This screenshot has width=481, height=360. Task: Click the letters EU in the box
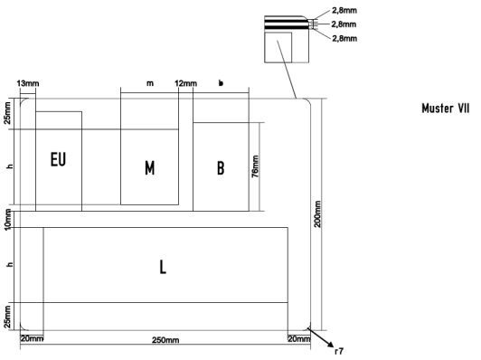(x=58, y=159)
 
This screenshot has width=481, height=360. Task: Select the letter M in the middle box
(x=150, y=168)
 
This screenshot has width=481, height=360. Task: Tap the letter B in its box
(x=221, y=168)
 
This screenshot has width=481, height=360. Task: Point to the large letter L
(x=163, y=267)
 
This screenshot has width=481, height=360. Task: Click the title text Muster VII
(x=446, y=109)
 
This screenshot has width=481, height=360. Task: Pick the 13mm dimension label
(x=28, y=83)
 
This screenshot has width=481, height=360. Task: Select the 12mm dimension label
(x=186, y=83)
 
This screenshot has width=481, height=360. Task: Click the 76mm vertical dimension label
(x=255, y=166)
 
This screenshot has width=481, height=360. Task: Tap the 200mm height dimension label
(x=317, y=213)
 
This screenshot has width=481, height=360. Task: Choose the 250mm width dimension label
(x=165, y=340)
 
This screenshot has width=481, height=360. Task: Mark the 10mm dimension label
(x=7, y=219)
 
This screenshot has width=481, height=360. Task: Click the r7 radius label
(x=339, y=351)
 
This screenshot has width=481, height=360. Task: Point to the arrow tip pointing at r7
(x=334, y=346)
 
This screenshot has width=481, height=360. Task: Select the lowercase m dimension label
(x=150, y=83)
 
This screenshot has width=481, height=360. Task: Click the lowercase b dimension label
(x=221, y=83)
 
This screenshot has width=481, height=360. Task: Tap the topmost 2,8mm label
(x=344, y=11)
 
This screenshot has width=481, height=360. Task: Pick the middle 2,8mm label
(x=344, y=24)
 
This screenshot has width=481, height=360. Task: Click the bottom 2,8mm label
(x=344, y=38)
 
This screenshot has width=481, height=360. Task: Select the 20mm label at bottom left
(x=32, y=339)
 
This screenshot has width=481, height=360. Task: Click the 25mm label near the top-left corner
(x=7, y=113)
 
